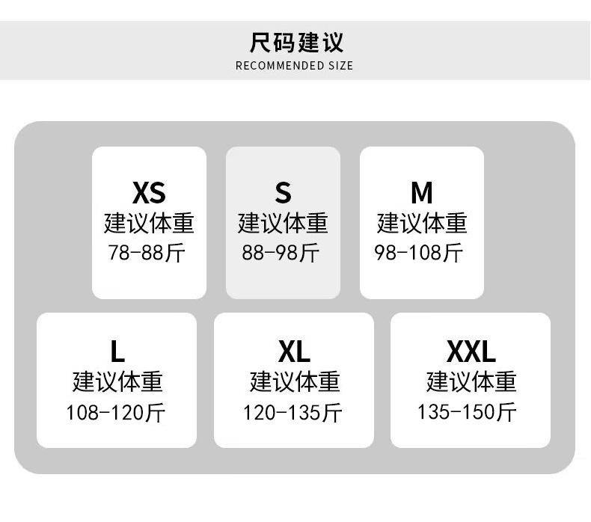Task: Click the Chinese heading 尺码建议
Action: tap(296, 42)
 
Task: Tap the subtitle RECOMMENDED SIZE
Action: tap(294, 66)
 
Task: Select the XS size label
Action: tap(148, 193)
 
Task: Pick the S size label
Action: tap(283, 193)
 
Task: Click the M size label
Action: tap(422, 193)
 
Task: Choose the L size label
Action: tap(117, 351)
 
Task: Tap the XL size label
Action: tap(293, 351)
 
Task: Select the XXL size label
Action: tap(471, 351)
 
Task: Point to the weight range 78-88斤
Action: tap(147, 253)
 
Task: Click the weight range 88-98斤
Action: tap(281, 253)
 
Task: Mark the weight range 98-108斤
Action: tap(419, 253)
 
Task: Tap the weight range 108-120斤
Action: tap(116, 412)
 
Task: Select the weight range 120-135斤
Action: tap(293, 412)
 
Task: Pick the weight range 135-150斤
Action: tap(468, 412)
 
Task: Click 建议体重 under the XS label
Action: tap(149, 223)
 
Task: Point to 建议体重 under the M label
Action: tap(422, 223)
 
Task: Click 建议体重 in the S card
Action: tap(283, 223)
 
